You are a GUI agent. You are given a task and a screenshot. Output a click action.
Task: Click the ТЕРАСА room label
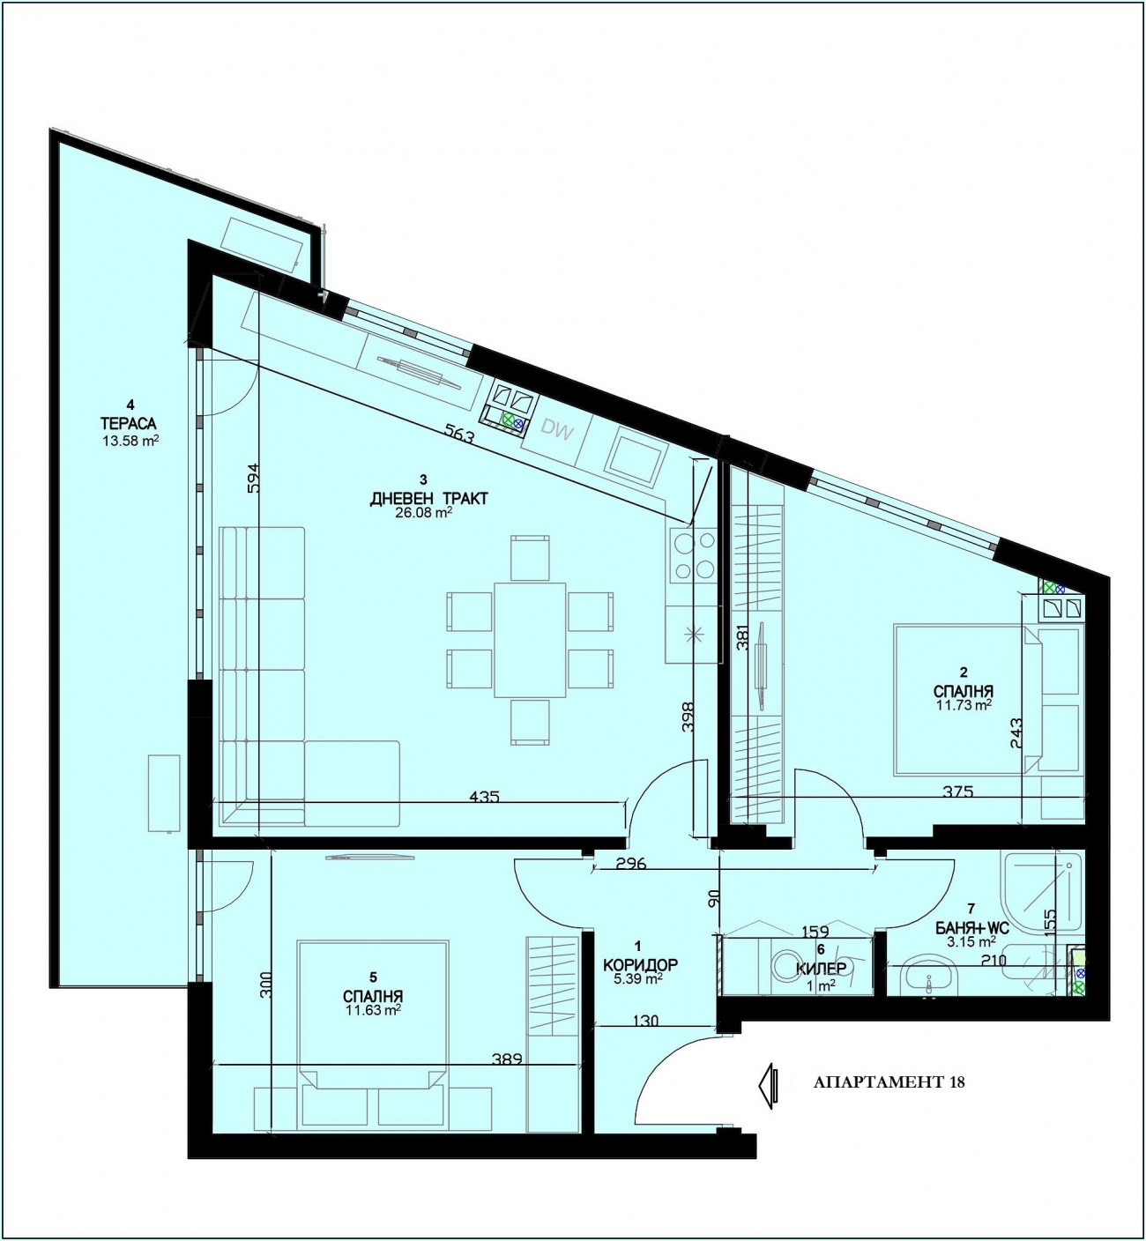coord(130,423)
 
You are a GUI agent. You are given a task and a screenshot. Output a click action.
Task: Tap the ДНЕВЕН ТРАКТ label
coord(428,498)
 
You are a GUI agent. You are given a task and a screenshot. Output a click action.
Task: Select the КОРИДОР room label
coord(640,965)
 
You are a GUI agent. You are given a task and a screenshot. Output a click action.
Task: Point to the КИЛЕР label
coord(821,968)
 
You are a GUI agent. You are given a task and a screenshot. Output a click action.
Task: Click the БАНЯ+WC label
coord(971,929)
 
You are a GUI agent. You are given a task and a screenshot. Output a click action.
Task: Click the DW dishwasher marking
coord(555,428)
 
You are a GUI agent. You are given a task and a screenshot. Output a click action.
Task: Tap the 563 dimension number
coord(459,433)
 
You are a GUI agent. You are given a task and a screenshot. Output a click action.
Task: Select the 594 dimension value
coord(253,478)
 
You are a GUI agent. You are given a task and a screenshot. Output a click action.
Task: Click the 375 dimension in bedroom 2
coord(958,791)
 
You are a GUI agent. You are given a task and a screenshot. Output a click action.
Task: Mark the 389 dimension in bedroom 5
coord(506,1059)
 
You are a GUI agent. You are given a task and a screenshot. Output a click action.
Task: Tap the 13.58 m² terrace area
coord(130,441)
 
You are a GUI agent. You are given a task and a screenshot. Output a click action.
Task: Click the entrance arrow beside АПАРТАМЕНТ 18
coord(767,1086)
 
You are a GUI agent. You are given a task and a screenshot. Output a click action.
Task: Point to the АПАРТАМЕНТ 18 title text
coord(889,1082)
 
